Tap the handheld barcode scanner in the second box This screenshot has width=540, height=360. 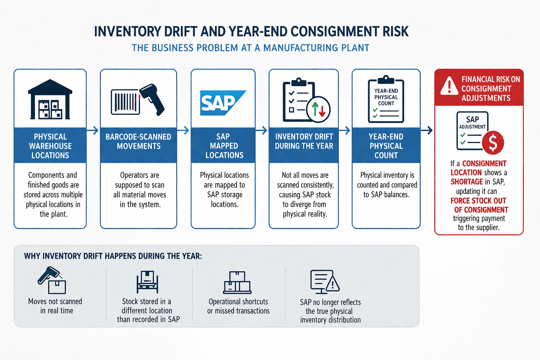click(x=153, y=99)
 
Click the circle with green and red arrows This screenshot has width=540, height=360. click(x=318, y=109)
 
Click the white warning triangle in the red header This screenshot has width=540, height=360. click(x=449, y=86)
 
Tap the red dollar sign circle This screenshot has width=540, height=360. click(x=493, y=143)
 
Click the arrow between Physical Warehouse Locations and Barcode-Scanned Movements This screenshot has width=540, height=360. click(x=93, y=131)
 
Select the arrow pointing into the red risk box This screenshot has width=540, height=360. click(x=427, y=131)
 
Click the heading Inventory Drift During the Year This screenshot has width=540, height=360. click(x=304, y=141)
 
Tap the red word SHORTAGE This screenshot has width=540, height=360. click(x=467, y=182)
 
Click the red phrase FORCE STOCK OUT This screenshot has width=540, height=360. click(x=478, y=201)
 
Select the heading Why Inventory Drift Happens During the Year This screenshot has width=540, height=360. click(x=113, y=256)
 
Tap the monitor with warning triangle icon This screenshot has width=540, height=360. click(x=324, y=282)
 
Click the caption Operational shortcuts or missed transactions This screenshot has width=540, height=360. click(x=238, y=306)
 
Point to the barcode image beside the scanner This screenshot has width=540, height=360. click(x=125, y=102)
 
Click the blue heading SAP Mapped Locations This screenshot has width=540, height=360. click(x=224, y=146)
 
